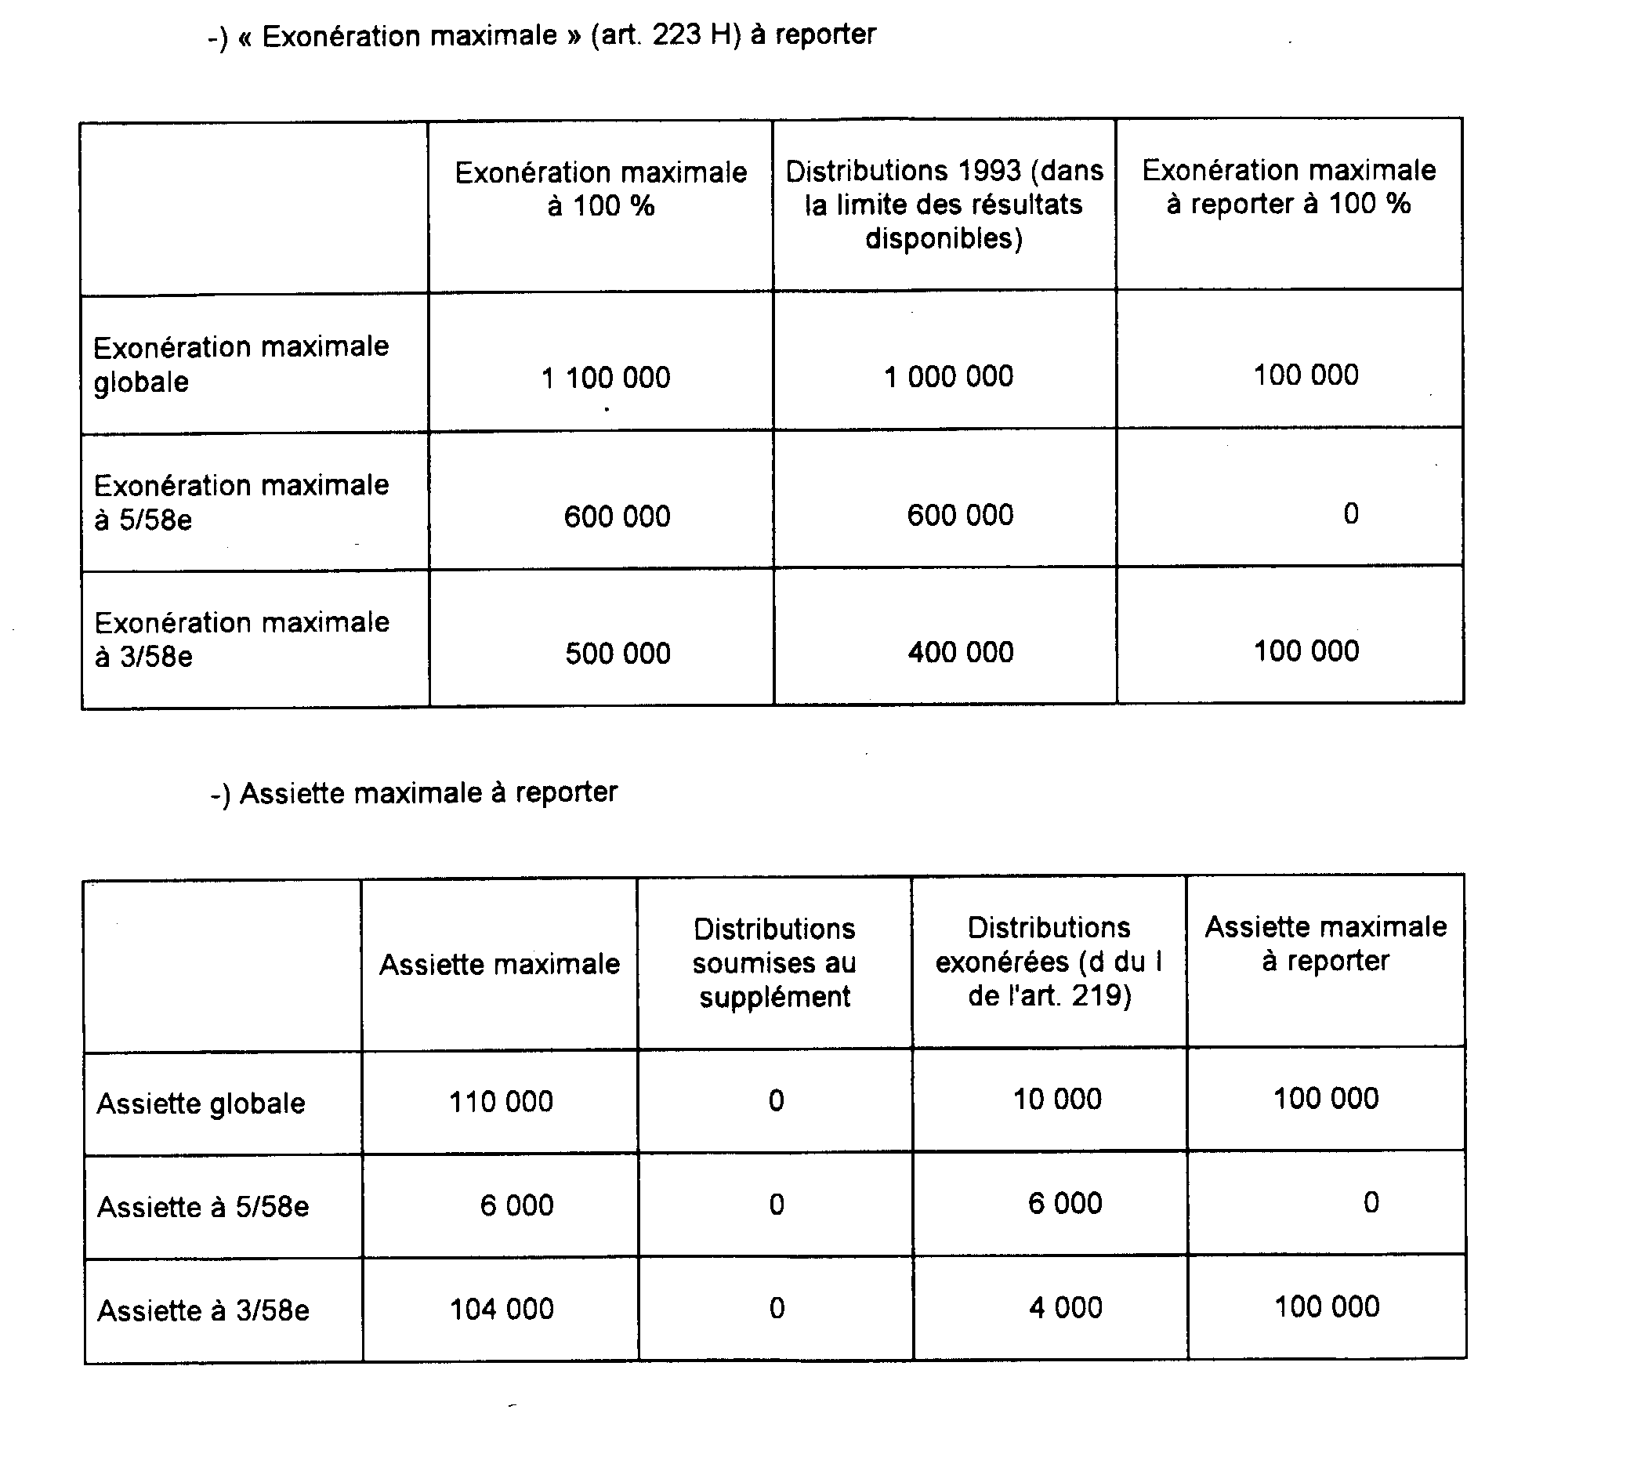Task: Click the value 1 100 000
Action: click(x=606, y=378)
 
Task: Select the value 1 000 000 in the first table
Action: click(x=948, y=376)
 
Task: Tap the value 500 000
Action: click(x=618, y=654)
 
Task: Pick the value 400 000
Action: click(x=961, y=652)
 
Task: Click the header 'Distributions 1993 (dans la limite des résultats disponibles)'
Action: click(x=944, y=205)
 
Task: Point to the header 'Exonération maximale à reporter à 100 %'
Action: click(x=1289, y=187)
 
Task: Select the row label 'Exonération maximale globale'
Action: click(x=241, y=364)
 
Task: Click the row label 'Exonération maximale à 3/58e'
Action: click(x=241, y=640)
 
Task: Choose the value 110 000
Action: click(x=501, y=1101)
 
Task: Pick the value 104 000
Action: click(x=502, y=1309)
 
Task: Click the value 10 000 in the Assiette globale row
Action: click(x=1058, y=1100)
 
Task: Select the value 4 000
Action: click(x=1066, y=1307)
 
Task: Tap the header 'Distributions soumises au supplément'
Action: click(x=774, y=963)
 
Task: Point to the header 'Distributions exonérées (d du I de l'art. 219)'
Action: click(x=1049, y=962)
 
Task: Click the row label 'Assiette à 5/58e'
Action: click(x=203, y=1207)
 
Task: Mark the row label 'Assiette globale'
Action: click(x=201, y=1103)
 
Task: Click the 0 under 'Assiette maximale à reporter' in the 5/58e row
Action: click(x=1371, y=1202)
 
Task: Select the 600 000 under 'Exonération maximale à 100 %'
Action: click(x=617, y=516)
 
